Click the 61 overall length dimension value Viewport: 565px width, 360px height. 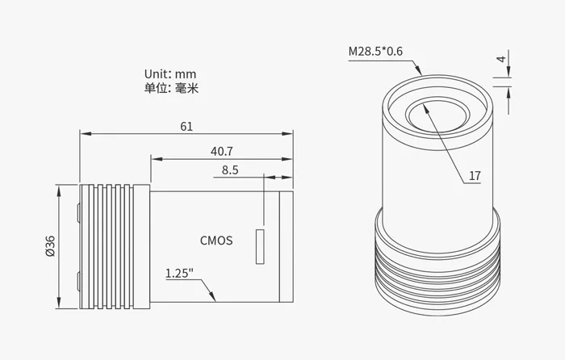pos(186,127)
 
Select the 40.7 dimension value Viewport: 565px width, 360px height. pos(222,151)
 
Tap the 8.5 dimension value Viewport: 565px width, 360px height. pos(229,170)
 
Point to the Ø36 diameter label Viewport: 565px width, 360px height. pos(50,246)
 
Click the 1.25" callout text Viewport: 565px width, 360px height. pos(179,273)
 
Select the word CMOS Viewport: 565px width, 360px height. pos(216,240)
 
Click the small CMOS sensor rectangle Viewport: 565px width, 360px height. pos(260,247)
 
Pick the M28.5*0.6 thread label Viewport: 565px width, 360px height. pos(375,52)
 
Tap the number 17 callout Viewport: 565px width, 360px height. pos(475,175)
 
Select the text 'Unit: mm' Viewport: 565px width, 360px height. pos(170,74)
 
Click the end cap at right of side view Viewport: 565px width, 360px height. pos(286,246)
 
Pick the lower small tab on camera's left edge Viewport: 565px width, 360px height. pos(77,282)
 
